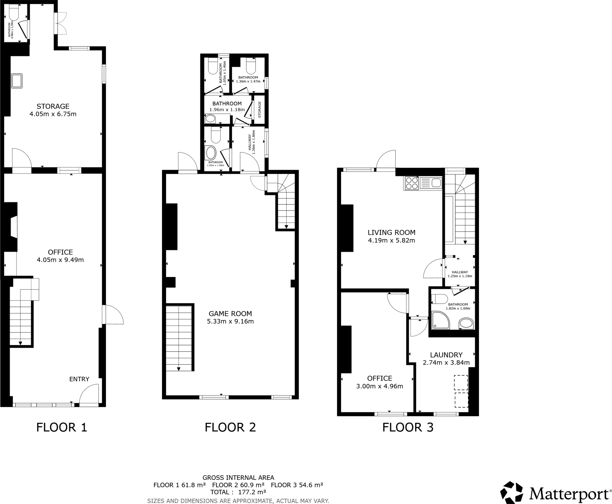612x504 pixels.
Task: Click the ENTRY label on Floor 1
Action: tap(79, 379)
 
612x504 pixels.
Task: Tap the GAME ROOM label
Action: tap(230, 314)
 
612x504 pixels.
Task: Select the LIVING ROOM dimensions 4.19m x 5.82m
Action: tap(391, 240)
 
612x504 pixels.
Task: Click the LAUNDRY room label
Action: tap(446, 355)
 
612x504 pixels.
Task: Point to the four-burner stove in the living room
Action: tap(411, 183)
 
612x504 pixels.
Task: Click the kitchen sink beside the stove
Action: tap(431, 183)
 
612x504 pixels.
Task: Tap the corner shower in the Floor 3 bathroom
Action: tap(440, 320)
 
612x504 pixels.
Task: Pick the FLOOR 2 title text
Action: tap(230, 428)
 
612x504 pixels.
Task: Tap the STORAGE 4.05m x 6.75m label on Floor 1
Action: tap(53, 110)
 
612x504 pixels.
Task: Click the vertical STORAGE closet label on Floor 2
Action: tap(259, 110)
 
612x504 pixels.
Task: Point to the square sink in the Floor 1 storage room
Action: tap(17, 81)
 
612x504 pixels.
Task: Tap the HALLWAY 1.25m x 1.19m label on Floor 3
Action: tap(460, 274)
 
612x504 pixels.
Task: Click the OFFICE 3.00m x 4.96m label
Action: tap(380, 382)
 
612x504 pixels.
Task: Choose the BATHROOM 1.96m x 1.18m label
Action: tap(227, 106)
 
